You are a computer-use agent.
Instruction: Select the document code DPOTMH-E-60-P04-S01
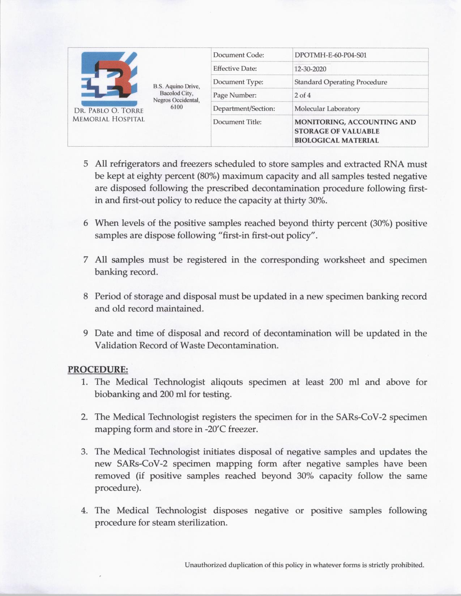pyautogui.click(x=330, y=55)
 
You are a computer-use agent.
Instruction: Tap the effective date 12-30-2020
pyautogui.click(x=310, y=69)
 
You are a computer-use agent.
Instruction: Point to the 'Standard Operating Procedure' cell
pyautogui.click(x=341, y=82)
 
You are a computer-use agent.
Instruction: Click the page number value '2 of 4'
pyautogui.click(x=302, y=95)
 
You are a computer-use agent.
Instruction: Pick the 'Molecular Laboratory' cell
pyautogui.click(x=327, y=109)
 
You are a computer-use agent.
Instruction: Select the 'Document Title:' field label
pyautogui.click(x=237, y=122)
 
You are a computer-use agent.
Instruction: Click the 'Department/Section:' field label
pyautogui.click(x=244, y=109)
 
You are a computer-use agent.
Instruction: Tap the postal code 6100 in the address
pyautogui.click(x=176, y=107)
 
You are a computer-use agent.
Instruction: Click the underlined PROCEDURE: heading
pyautogui.click(x=98, y=370)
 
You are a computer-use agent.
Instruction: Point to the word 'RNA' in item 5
pyautogui.click(x=392, y=164)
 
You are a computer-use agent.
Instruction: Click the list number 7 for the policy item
pyautogui.click(x=86, y=260)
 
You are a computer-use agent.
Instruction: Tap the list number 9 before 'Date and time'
pyautogui.click(x=86, y=333)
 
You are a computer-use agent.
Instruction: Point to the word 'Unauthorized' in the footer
pyautogui.click(x=205, y=565)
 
